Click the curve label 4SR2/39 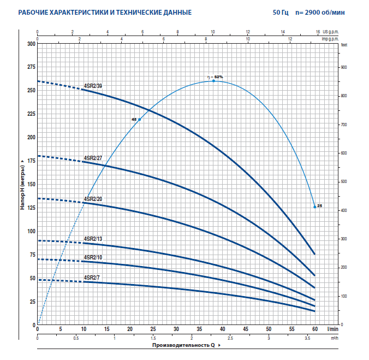tap(93, 85)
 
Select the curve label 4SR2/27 tap(93, 158)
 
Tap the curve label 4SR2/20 tap(93, 199)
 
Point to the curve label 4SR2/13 tap(93, 239)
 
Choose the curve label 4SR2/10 tap(93, 257)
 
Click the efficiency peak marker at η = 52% tap(213, 81)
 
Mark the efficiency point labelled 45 tap(139, 120)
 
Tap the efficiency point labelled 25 tap(315, 206)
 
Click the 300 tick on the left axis tap(31, 44)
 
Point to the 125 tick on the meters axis tap(31, 208)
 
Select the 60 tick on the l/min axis tap(315, 330)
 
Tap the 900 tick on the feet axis tap(344, 67)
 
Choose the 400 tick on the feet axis tap(344, 210)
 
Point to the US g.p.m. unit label tap(331, 32)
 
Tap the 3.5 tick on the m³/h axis tap(307, 339)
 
